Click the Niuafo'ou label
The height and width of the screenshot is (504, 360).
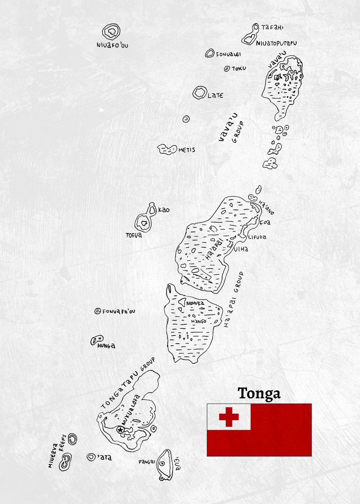coord(112,45)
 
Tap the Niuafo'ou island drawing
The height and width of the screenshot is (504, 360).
coord(111,31)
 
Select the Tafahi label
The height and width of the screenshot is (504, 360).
coord(272,28)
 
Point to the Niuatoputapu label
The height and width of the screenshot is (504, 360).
coord(279,43)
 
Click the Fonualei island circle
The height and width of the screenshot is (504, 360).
coord(210,53)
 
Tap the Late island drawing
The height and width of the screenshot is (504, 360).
coord(200,93)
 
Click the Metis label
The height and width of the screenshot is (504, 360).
coord(187,150)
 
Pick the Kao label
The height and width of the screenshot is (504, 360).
coord(164,210)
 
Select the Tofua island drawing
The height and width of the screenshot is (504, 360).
coord(144,223)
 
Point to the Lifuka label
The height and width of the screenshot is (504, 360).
coord(257,237)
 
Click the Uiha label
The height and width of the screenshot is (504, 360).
coord(242,249)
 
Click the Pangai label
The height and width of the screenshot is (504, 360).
coord(147,462)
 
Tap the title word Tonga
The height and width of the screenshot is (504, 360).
coord(259,394)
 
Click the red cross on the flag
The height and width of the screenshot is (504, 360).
coord(229,417)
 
